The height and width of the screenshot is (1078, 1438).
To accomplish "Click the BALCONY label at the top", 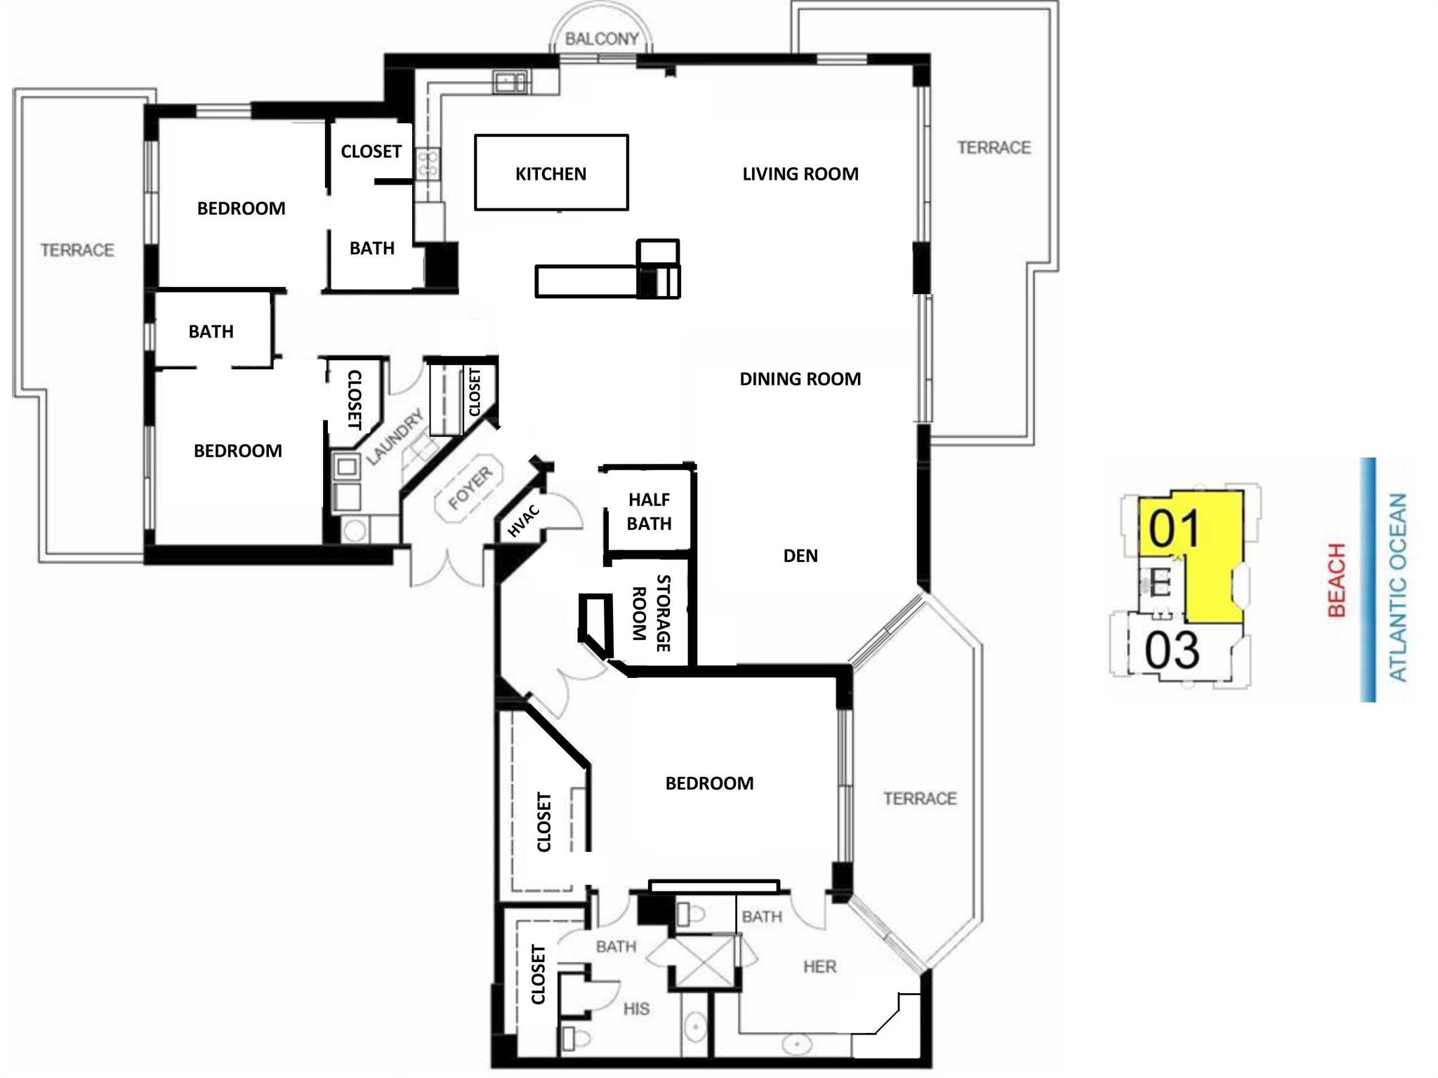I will coord(602,39).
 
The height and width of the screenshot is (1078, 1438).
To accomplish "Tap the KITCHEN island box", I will coord(550,173).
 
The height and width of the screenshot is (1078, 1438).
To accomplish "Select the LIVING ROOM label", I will coord(800,174).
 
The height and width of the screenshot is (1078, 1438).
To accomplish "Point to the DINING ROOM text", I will coord(800,379).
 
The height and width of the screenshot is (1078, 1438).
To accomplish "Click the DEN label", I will coord(800,556).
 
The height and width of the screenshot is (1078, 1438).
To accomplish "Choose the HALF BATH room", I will coord(649,512).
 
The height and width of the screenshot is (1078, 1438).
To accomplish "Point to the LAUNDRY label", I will coord(395,437).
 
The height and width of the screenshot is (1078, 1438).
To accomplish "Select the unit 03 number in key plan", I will coord(1171,650).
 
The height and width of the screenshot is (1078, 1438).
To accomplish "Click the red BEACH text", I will coord(1337,580).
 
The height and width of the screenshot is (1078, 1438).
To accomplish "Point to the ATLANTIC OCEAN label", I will coord(1397,587).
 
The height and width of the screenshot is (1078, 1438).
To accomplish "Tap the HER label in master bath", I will coord(819,966).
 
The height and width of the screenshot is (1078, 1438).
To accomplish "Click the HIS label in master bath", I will coord(636,1009).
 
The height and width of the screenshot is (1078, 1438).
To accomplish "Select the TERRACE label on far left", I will coord(77,250).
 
